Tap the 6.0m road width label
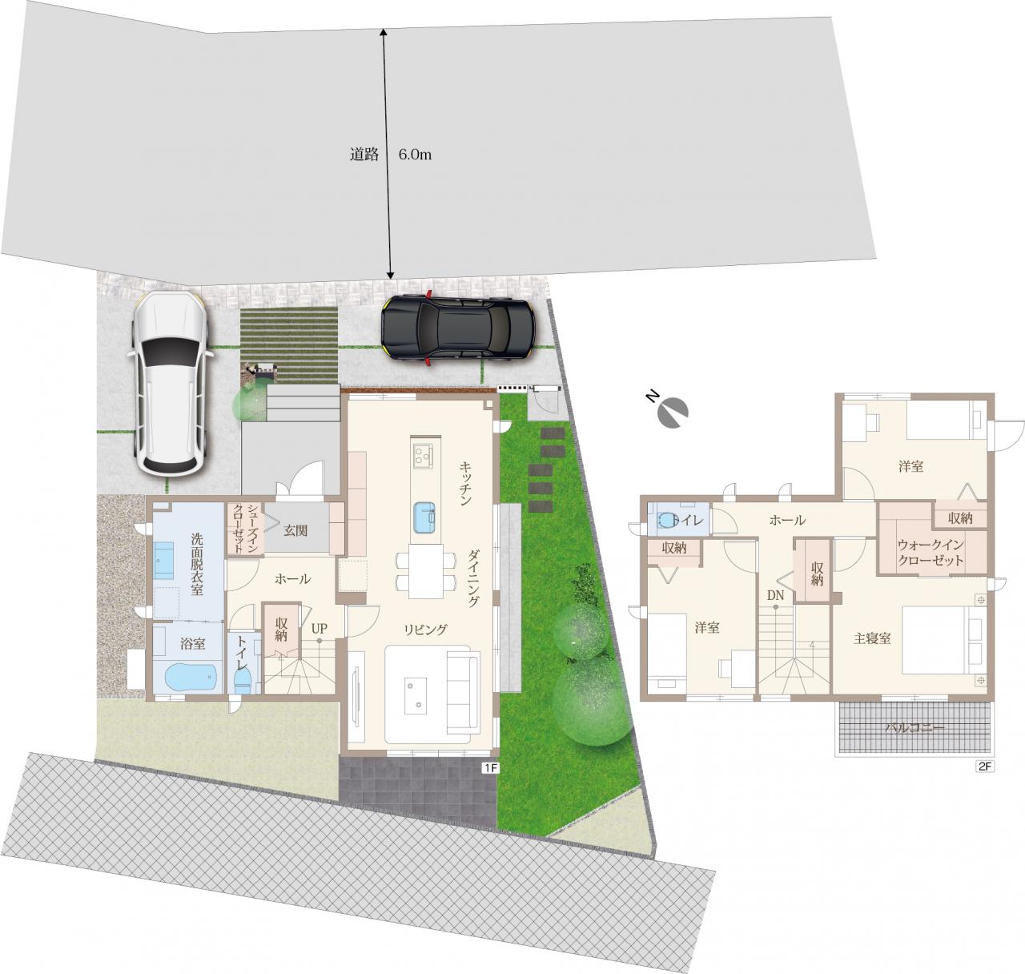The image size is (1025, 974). [415, 155]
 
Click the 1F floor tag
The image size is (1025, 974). [490, 767]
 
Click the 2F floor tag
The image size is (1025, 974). [983, 767]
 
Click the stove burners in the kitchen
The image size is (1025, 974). [422, 455]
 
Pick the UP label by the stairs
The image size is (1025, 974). [319, 629]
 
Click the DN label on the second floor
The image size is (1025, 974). [775, 595]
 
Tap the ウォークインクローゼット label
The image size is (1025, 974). [931, 553]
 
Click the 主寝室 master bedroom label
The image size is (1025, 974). [872, 638]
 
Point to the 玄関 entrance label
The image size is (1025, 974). [295, 531]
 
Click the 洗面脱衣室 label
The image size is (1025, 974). [197, 564]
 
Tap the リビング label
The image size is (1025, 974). [425, 630]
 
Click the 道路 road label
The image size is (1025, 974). [364, 155]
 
